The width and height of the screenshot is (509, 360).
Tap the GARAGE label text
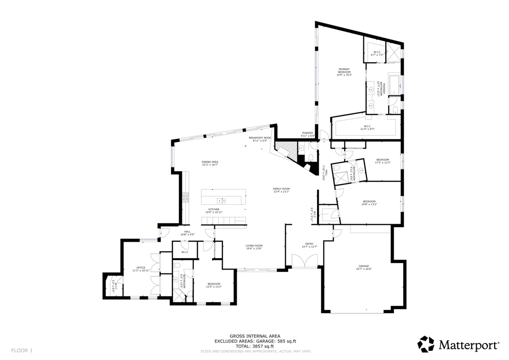click(x=363, y=266)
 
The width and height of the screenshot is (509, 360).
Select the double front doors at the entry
click(x=304, y=261)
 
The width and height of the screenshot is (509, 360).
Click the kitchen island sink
click(x=224, y=200)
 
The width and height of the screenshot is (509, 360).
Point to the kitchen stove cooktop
click(x=185, y=197)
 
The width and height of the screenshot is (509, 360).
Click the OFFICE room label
click(x=141, y=268)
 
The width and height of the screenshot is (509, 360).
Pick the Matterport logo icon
click(x=425, y=344)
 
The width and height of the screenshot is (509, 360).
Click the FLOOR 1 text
click(x=22, y=350)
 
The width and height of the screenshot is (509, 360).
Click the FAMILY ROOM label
click(x=281, y=188)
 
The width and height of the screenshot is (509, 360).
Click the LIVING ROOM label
click(x=254, y=246)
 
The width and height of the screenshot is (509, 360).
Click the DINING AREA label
click(x=210, y=162)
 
